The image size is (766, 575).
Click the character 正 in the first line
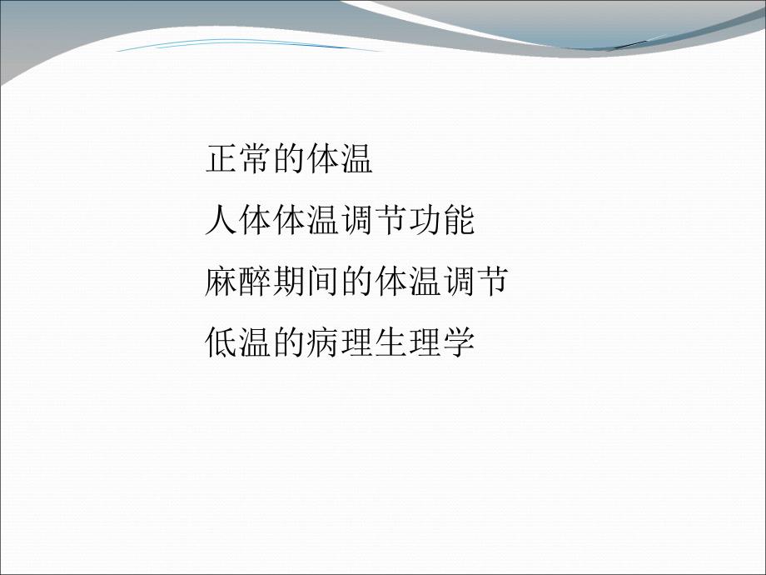tap(221, 159)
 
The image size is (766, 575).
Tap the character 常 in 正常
tap(254, 159)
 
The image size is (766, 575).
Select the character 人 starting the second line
tap(221, 221)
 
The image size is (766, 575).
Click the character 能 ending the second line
tap(457, 221)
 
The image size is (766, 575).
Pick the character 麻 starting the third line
tap(221, 282)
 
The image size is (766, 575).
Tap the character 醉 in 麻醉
tap(254, 282)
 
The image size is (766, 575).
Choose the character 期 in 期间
tap(288, 282)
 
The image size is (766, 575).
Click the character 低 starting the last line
tap(221, 342)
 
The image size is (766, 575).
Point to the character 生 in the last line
tap(390, 342)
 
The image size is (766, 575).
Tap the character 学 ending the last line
tap(457, 342)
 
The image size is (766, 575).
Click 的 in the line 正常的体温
tap(288, 159)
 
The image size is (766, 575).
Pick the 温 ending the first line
tap(356, 159)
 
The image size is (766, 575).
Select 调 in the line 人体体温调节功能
tap(356, 221)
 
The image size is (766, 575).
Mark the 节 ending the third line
tap(490, 282)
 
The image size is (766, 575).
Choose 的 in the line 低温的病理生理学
tap(288, 342)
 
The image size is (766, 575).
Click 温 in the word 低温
tap(254, 342)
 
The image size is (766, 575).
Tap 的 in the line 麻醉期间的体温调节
tap(356, 282)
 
